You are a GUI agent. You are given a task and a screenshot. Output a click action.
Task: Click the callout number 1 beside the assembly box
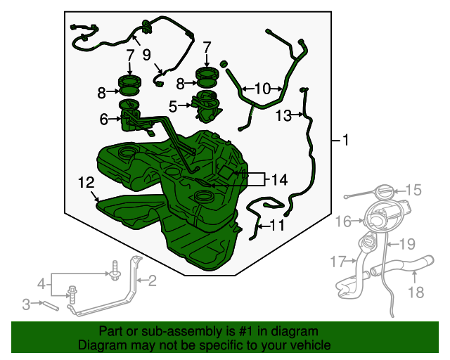tap(345, 140)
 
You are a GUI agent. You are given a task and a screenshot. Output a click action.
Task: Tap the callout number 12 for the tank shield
tap(86, 183)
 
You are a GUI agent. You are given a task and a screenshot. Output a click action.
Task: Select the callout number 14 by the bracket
tap(279, 180)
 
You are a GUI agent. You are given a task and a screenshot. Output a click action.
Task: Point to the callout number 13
tap(283, 116)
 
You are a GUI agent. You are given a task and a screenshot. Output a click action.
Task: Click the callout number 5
tap(173, 106)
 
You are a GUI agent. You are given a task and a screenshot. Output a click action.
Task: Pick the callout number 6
tap(103, 119)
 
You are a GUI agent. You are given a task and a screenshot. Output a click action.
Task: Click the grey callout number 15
tap(413, 190)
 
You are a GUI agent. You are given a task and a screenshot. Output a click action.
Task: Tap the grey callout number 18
tap(416, 292)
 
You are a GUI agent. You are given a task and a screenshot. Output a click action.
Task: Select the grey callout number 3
tap(26, 304)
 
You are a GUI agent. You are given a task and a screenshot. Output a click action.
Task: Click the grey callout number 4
tap(41, 284)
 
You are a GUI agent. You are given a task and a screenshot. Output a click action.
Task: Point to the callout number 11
tap(277, 226)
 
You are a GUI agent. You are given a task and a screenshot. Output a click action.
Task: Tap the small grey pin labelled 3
tap(51, 305)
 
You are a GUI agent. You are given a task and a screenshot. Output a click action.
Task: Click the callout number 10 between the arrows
tap(262, 89)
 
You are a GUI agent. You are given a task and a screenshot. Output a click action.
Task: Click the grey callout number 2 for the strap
tap(152, 281)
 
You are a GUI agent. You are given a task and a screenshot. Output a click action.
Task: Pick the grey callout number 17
tap(337, 262)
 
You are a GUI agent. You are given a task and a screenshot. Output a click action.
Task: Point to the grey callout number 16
tap(343, 221)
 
